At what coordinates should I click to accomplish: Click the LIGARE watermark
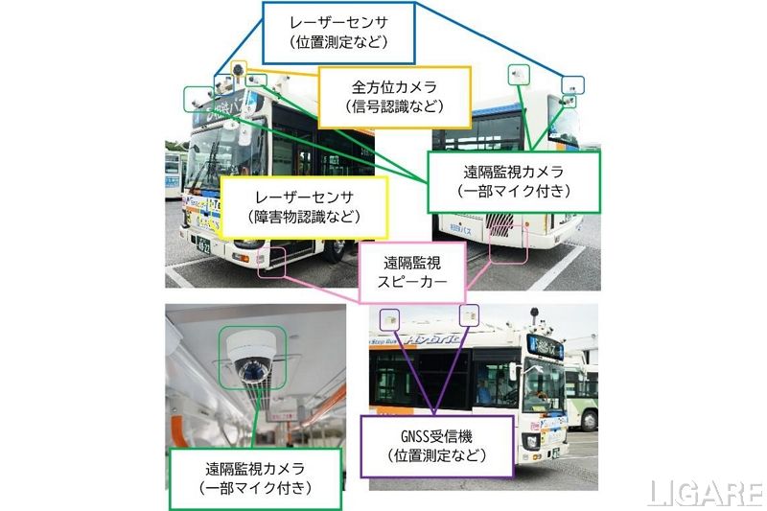[703, 492]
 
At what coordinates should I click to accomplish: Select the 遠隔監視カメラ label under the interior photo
[254, 477]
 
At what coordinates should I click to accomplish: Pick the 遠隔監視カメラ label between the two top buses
[513, 180]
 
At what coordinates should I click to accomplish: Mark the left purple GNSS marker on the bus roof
[390, 316]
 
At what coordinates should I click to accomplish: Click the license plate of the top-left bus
[204, 245]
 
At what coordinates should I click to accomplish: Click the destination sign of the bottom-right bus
[544, 345]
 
